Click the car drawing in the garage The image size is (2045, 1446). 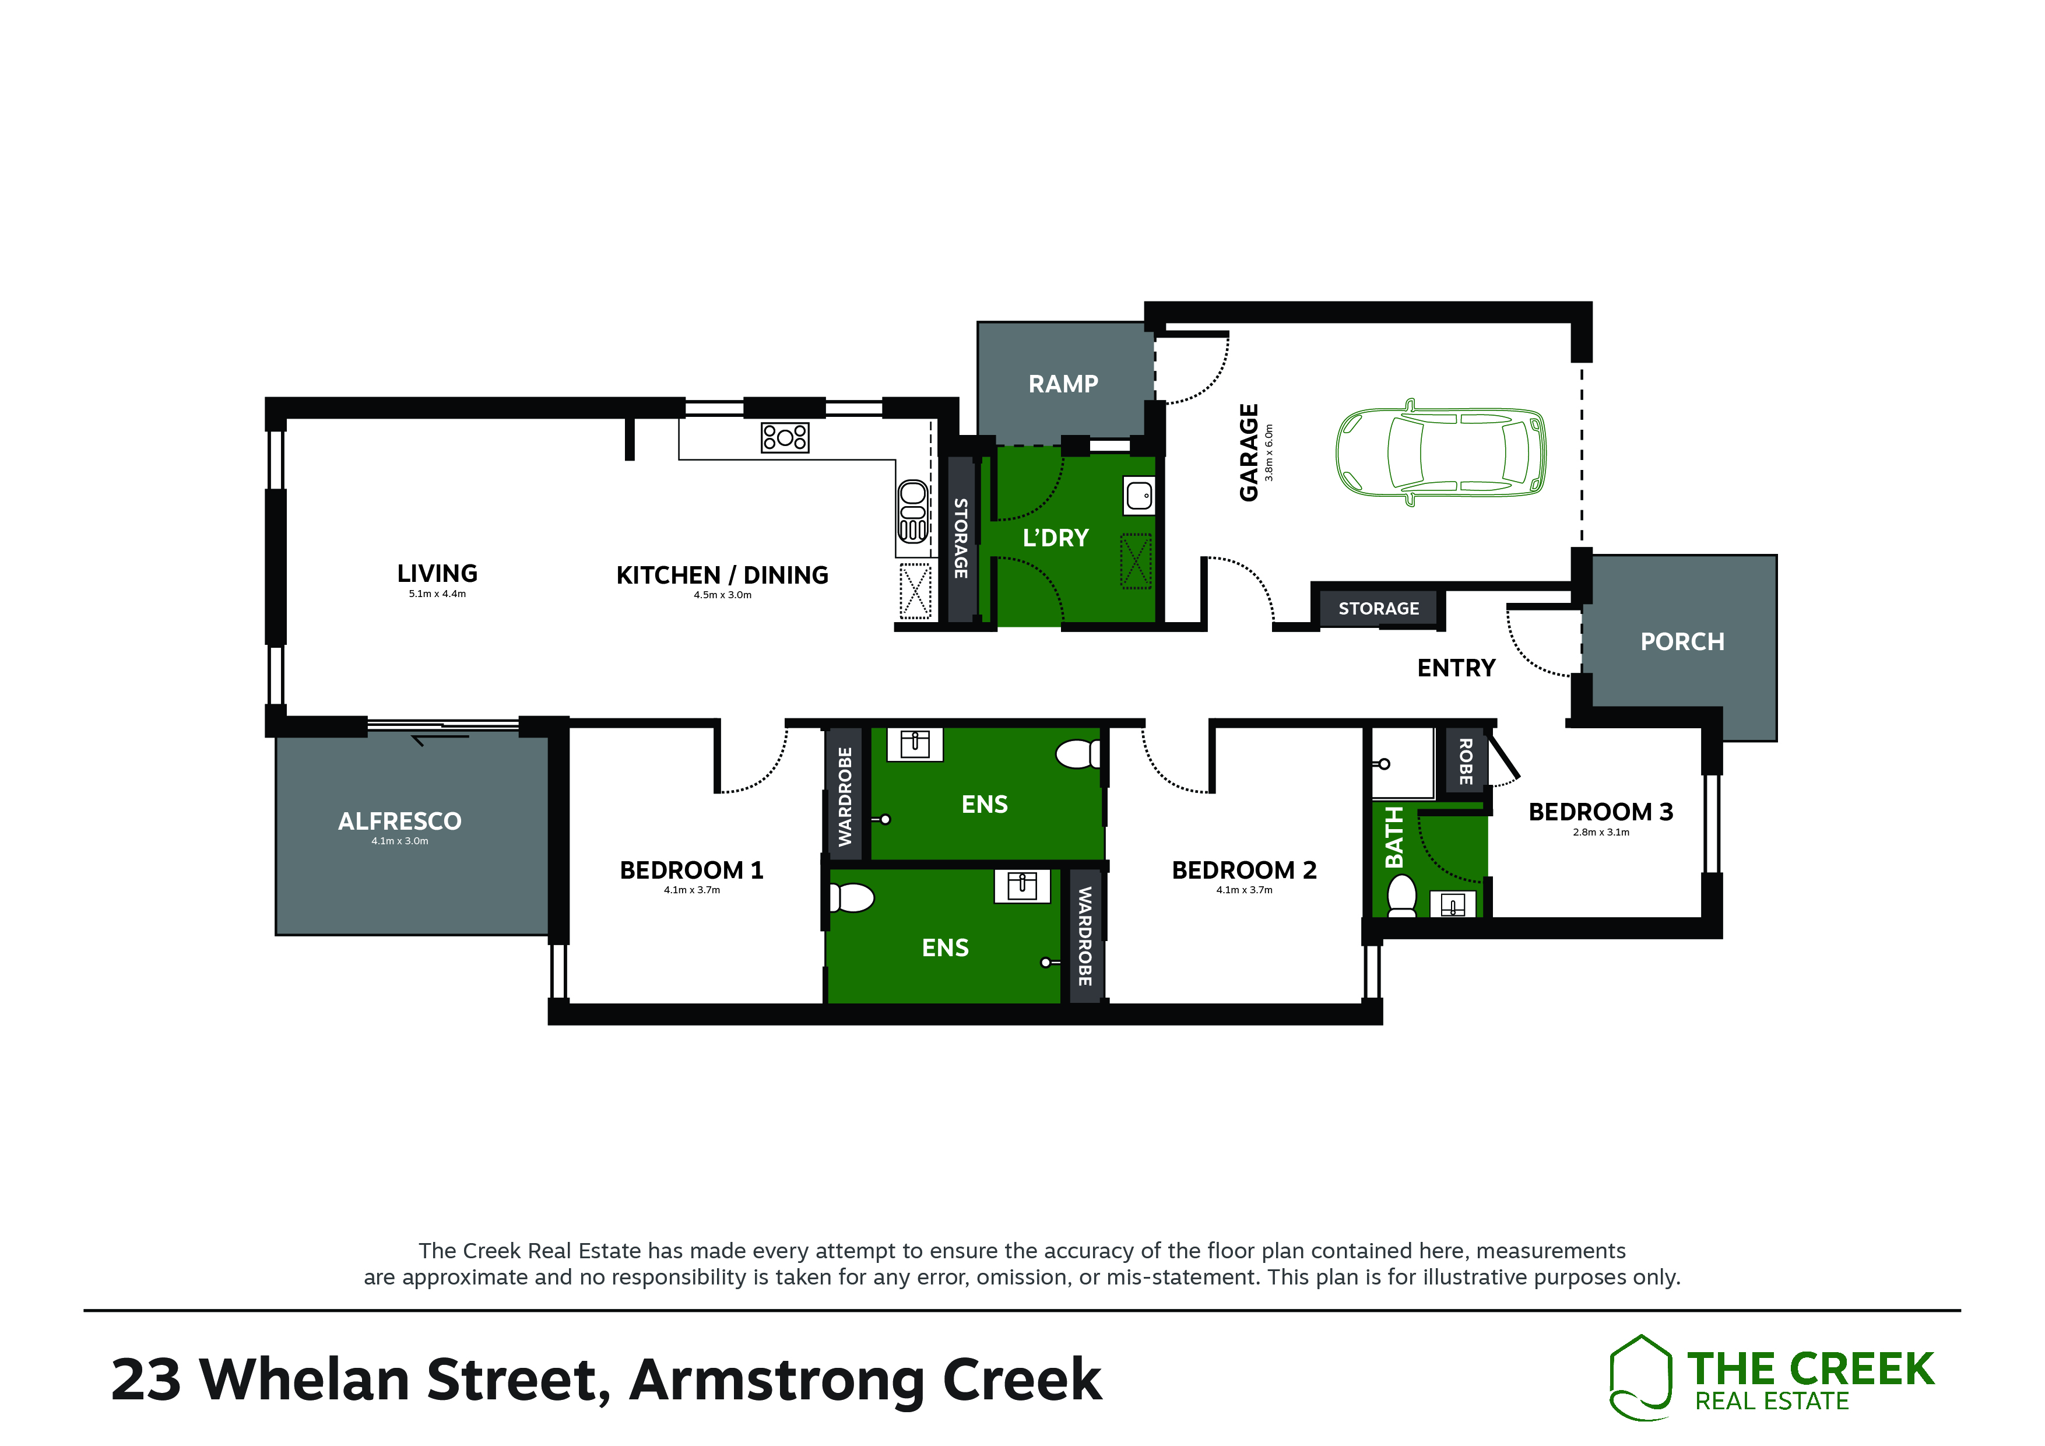pos(1440,452)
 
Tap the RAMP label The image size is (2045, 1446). pos(1063,384)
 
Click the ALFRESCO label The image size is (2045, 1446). pos(400,822)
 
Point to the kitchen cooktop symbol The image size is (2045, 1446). pos(785,437)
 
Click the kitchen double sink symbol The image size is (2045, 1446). pos(912,511)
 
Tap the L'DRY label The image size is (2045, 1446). pos(1056,538)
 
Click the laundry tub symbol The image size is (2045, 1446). pos(1139,496)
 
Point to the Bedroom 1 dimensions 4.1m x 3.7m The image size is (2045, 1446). pos(692,890)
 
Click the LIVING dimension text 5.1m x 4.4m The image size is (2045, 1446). pos(437,594)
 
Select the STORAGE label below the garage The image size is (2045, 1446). pos(1379,609)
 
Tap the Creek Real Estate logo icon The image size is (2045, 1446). pos(1640,1377)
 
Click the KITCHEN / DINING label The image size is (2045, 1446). pos(722,575)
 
